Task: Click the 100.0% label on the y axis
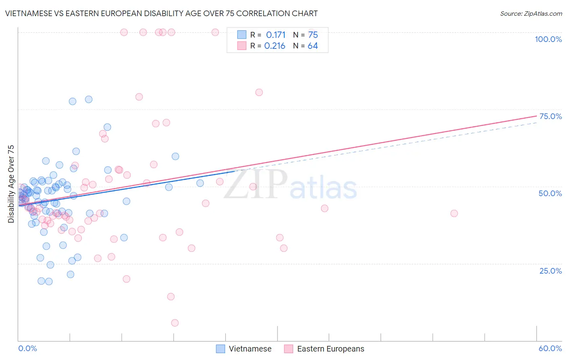(548, 39)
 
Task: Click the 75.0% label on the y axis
(550, 116)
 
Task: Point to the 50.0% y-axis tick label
(550, 193)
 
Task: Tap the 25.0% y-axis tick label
(550, 270)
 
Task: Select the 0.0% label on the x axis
(27, 348)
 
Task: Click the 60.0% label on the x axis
(550, 348)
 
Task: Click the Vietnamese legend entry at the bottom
(250, 349)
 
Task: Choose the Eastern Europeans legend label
(330, 349)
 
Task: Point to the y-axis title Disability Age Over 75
(11, 184)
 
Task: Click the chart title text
(161, 13)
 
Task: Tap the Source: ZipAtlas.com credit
(531, 14)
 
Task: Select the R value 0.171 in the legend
(276, 35)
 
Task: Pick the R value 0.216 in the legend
(275, 46)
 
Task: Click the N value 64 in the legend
(313, 46)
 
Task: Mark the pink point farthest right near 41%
(454, 213)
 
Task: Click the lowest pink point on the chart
(175, 323)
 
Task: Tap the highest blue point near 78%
(89, 99)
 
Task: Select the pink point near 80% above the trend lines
(259, 92)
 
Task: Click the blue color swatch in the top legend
(242, 35)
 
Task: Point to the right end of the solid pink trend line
(536, 116)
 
